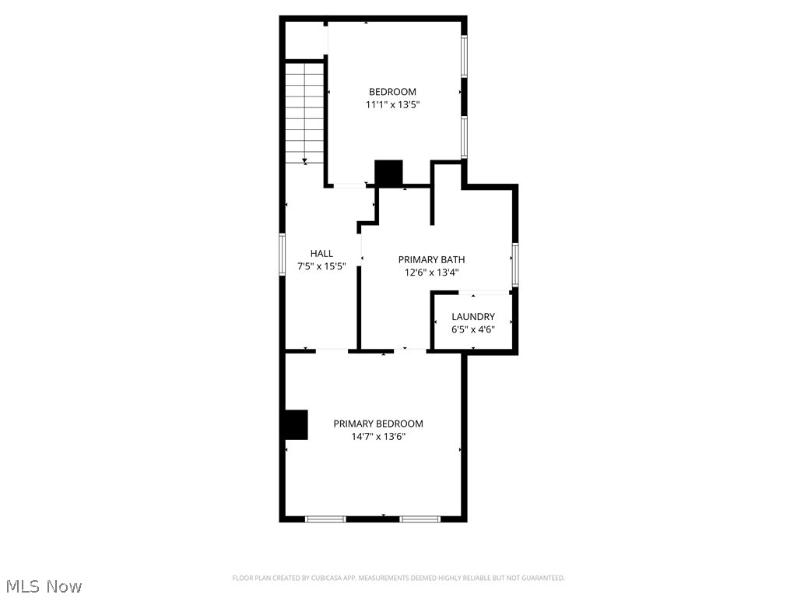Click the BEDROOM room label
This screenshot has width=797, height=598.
(x=392, y=92)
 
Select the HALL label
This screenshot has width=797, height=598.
(x=321, y=253)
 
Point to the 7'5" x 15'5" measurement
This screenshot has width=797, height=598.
(x=321, y=266)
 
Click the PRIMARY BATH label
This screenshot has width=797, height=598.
(x=431, y=259)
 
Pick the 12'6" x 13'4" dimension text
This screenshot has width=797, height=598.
(x=431, y=273)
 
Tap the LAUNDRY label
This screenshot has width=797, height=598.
(x=473, y=317)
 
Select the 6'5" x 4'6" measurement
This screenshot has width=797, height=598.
(x=473, y=329)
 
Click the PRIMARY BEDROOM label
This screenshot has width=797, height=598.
(x=378, y=424)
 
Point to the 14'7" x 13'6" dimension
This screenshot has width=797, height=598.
(x=378, y=437)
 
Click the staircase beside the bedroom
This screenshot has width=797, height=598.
(x=304, y=113)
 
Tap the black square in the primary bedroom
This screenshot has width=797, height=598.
(x=296, y=424)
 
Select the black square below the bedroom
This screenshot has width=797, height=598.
(x=388, y=172)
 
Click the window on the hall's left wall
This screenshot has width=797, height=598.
(x=283, y=254)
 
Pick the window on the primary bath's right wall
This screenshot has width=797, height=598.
(x=514, y=263)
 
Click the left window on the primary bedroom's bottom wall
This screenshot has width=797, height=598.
(x=325, y=519)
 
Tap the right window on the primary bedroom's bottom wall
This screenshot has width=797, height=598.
(x=420, y=519)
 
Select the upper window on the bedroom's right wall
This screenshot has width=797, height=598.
(x=464, y=57)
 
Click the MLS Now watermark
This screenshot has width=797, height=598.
(x=44, y=586)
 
